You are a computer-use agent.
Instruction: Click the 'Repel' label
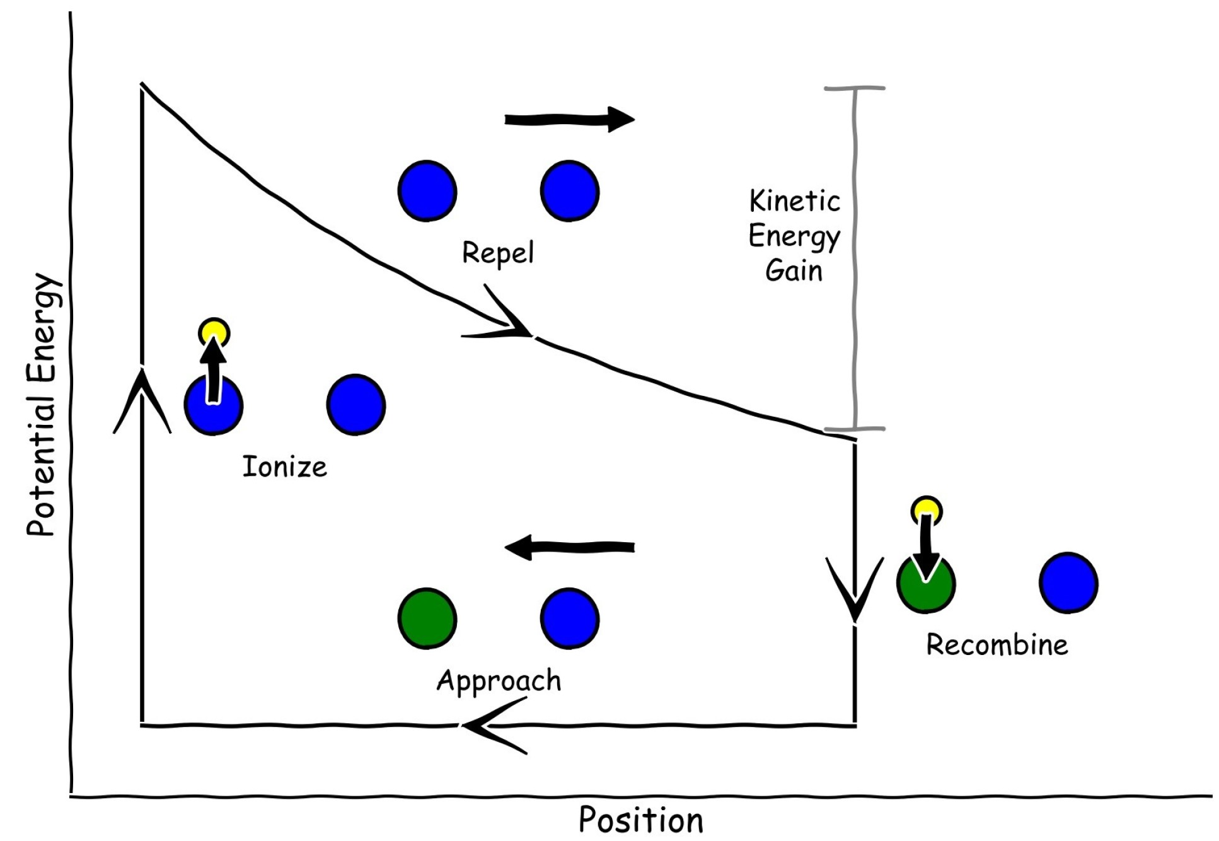pos(498,253)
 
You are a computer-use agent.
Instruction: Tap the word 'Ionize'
pos(285,467)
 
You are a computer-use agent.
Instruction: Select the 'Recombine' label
pos(997,645)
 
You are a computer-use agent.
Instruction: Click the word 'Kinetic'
pos(794,202)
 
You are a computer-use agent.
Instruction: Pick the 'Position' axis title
pos(641,820)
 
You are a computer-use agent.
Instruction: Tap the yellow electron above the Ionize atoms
pos(214,331)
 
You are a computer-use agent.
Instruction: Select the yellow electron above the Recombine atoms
pos(927,509)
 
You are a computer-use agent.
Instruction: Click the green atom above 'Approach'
pos(427,618)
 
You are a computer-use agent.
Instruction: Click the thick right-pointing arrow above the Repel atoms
pos(569,119)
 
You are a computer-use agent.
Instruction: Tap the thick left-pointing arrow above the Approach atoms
pos(570,547)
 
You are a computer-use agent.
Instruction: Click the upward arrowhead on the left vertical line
pos(142,397)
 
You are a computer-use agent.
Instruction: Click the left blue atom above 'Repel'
pos(427,191)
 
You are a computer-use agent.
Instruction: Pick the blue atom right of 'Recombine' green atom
pos(1068,583)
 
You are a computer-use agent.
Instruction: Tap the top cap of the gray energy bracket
pos(855,88)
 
